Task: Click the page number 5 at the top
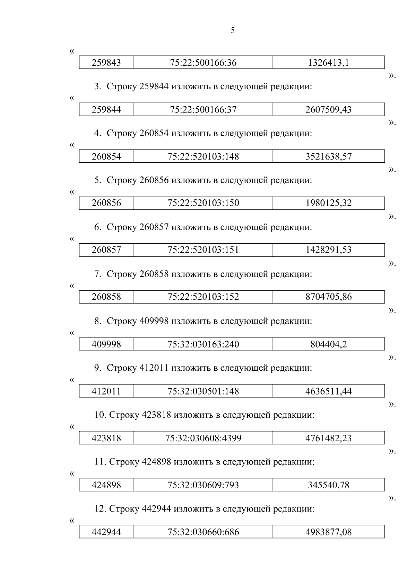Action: pyautogui.click(x=233, y=30)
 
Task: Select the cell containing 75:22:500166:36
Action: pyautogui.click(x=203, y=63)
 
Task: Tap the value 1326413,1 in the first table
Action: pyautogui.click(x=328, y=63)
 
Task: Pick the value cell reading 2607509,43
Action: pyautogui.click(x=328, y=110)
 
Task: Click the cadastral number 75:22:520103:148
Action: pyautogui.click(x=203, y=156)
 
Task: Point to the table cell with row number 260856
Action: pyautogui.click(x=106, y=203)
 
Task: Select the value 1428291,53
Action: pyautogui.click(x=328, y=250)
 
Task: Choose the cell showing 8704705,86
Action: pyautogui.click(x=328, y=297)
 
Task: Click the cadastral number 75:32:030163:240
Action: pyautogui.click(x=203, y=344)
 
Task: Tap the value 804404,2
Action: pyautogui.click(x=328, y=344)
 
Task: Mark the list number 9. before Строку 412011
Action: pyautogui.click(x=98, y=368)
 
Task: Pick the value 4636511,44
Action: pyautogui.click(x=328, y=391)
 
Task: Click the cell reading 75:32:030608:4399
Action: pyautogui.click(x=203, y=439)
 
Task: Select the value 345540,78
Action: pyautogui.click(x=328, y=485)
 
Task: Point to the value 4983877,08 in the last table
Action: pyautogui.click(x=328, y=532)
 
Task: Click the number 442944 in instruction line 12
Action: pyautogui.click(x=156, y=509)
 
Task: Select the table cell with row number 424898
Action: pyautogui.click(x=106, y=485)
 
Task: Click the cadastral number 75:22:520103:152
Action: pyautogui.click(x=203, y=297)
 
